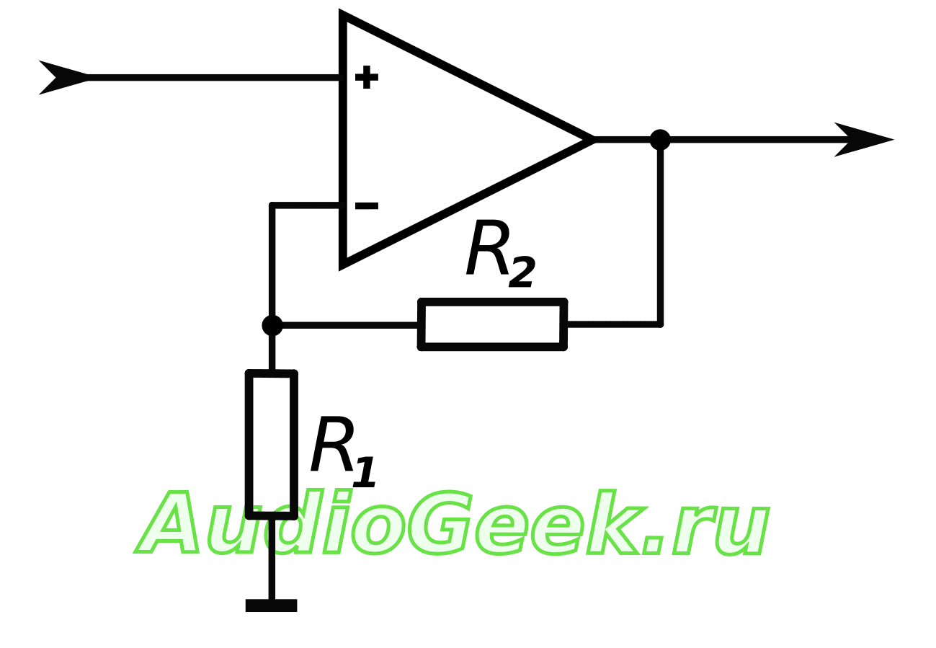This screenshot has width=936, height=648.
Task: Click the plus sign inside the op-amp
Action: tap(366, 78)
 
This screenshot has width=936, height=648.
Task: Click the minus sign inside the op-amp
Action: tap(366, 207)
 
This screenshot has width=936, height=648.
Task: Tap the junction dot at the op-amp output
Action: tap(659, 140)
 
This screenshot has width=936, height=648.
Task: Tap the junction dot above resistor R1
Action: tap(272, 325)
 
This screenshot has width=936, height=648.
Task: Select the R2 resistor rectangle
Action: tap(493, 324)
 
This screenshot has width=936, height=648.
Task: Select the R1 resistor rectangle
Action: tap(272, 445)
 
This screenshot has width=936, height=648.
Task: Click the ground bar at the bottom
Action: tap(271, 605)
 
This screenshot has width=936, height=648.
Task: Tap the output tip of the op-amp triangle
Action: tap(592, 140)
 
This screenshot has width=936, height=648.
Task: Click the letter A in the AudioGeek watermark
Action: tap(169, 524)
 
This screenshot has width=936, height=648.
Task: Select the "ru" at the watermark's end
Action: tap(720, 531)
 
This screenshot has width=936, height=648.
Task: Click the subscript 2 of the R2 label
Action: tap(521, 273)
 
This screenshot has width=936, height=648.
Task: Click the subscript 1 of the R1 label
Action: tap(364, 471)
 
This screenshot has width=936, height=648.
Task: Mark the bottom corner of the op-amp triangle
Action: tap(343, 265)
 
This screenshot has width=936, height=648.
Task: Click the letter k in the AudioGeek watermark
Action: tap(612, 523)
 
